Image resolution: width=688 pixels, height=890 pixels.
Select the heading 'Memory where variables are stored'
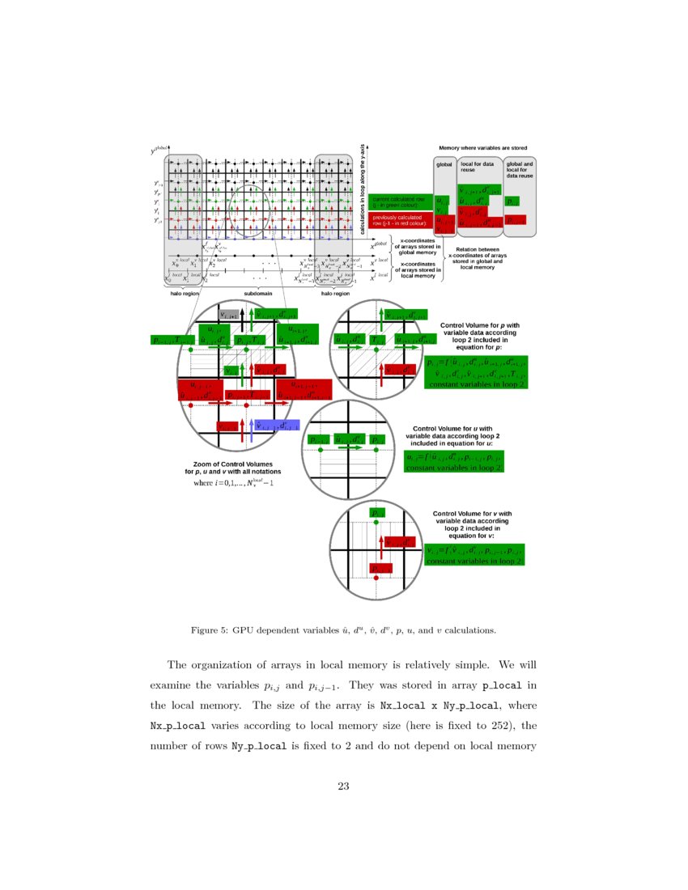[x=482, y=149]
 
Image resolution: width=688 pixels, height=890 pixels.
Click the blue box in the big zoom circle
[x=277, y=426]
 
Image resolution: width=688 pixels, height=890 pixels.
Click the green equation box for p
[x=475, y=373]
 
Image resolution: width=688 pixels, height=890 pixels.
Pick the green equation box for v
[x=475, y=553]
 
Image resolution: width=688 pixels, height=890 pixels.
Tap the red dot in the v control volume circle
[x=376, y=578]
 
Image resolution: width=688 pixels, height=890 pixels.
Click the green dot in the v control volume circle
[x=376, y=522]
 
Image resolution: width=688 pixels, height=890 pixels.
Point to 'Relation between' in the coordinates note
[x=478, y=250]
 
